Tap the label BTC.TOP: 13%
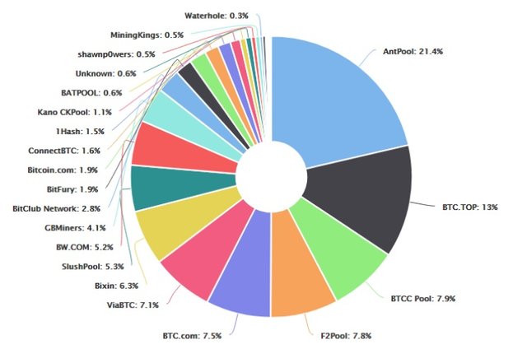pyautogui.click(x=466, y=207)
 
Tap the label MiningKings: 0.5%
pyautogui.click(x=147, y=35)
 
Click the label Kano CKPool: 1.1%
pyautogui.click(x=74, y=112)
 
